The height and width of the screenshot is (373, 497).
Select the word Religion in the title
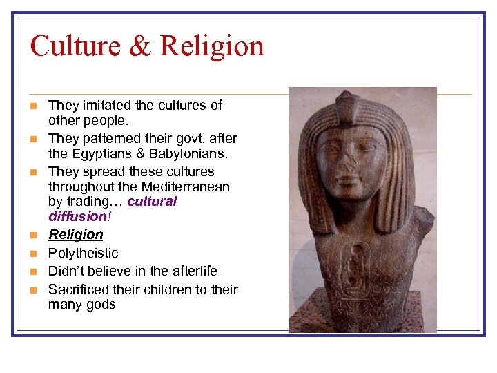point(212,46)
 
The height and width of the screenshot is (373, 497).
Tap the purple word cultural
point(152,202)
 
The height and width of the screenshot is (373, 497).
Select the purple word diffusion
point(74,216)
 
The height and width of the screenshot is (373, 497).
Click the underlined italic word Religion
point(76,235)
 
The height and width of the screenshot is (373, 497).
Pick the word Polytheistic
point(84,254)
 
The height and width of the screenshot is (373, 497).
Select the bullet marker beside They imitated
point(33,106)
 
